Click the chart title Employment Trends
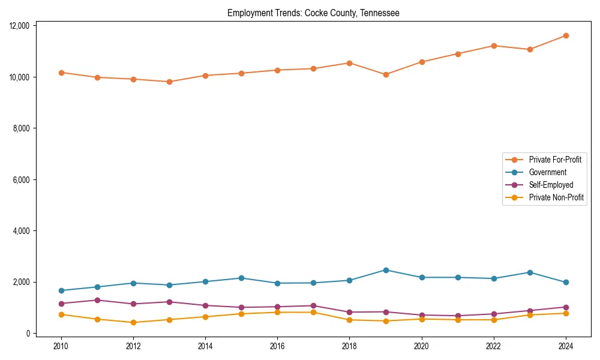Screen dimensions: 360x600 [313, 13]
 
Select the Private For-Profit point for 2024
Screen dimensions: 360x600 [566, 35]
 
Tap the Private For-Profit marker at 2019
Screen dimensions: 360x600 [386, 74]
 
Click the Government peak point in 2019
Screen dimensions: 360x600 [386, 270]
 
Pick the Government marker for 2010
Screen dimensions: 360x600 [61, 290]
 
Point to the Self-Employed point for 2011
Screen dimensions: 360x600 [97, 300]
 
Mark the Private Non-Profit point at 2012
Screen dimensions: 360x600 [133, 322]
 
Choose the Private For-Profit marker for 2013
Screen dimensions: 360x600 [169, 82]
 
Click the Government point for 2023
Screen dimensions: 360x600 [530, 272]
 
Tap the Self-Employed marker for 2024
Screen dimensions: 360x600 [566, 307]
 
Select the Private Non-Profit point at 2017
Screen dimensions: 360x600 [314, 312]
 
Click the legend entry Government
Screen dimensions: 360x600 [547, 172]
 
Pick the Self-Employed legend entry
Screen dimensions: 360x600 [551, 185]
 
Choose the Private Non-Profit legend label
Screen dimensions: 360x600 [556, 197]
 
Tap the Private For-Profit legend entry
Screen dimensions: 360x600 [555, 160]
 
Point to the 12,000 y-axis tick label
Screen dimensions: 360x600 [23, 26]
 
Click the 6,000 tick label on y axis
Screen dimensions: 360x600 [25, 180]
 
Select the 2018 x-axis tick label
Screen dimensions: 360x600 [350, 346]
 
